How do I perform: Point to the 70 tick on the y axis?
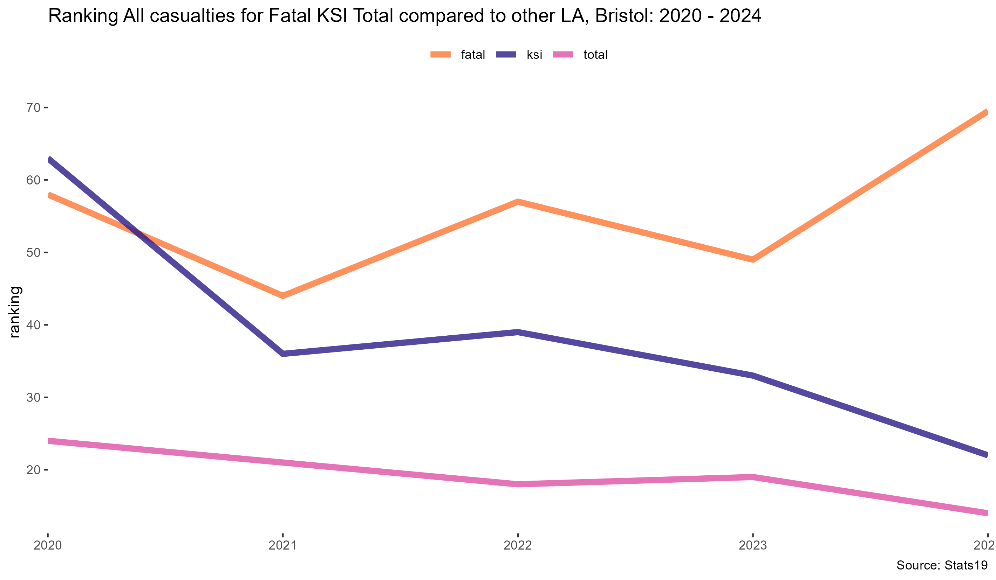tap(34, 108)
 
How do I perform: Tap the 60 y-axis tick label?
tap(34, 180)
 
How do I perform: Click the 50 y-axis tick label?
tap(34, 253)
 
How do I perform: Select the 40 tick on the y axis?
tap(34, 325)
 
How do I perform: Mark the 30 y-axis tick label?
tap(34, 398)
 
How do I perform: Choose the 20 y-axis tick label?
tap(34, 470)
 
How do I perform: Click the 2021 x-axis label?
tap(282, 546)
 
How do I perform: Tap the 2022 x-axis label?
tap(518, 546)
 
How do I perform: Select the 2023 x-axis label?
tap(753, 546)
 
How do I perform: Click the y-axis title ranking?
tap(15, 312)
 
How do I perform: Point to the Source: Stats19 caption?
tap(942, 565)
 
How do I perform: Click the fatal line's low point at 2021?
tap(282, 296)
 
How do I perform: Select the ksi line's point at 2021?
tap(282, 354)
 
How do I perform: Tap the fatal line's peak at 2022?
tap(518, 202)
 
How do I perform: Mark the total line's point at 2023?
tap(753, 477)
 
